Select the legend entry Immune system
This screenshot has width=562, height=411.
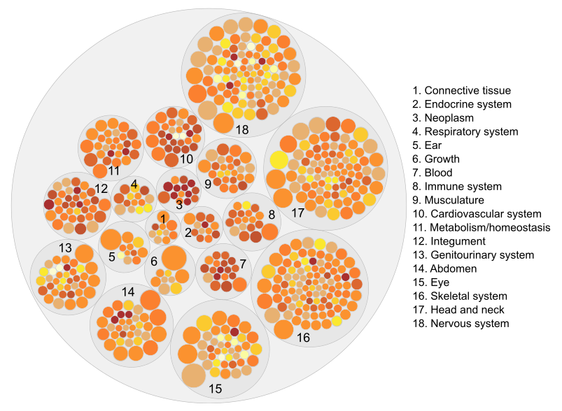[463, 187]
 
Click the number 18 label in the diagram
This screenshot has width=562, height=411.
[243, 129]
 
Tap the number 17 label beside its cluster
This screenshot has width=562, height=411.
[297, 212]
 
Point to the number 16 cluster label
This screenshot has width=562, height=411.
[302, 338]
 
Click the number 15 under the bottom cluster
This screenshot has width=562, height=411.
[216, 388]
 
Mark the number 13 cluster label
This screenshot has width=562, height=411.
[65, 247]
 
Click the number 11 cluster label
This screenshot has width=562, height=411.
[114, 170]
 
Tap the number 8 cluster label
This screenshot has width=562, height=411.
[271, 215]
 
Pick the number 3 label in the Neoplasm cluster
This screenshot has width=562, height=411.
[179, 205]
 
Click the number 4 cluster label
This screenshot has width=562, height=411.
[134, 185]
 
